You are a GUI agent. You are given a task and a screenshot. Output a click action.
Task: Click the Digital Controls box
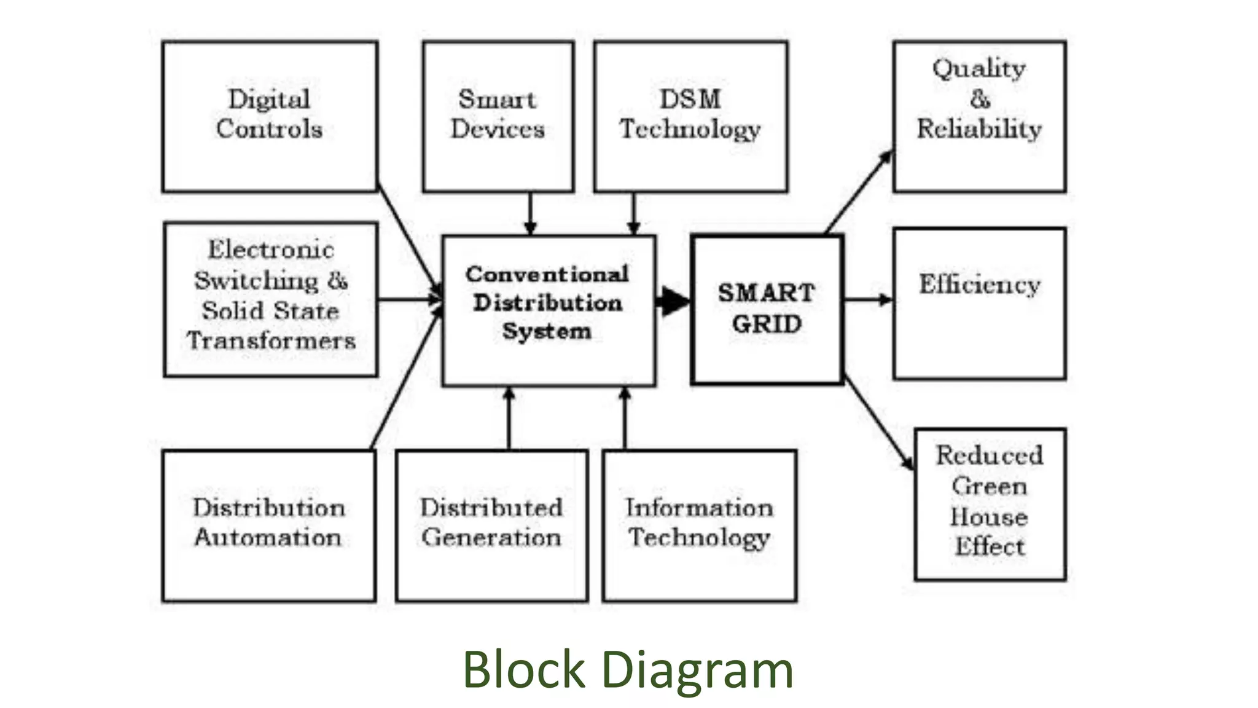coord(270,117)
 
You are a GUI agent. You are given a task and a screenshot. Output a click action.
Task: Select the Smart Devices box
coord(498,117)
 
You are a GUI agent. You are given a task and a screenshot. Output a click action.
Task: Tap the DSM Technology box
coord(690,117)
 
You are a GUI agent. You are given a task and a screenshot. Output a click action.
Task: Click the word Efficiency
coord(979,285)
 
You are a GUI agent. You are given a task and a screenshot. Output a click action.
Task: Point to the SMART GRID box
coord(767,309)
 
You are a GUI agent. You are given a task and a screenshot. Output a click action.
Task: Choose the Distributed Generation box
coord(491,525)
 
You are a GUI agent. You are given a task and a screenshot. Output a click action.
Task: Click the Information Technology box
coord(699,525)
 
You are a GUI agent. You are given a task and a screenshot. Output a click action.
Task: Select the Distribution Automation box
coord(269,525)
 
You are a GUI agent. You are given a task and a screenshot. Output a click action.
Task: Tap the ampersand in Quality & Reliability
coord(980,98)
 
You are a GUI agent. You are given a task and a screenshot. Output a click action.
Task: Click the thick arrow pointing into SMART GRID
coord(673,301)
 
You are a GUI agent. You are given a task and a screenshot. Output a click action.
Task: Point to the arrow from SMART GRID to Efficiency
coord(868,300)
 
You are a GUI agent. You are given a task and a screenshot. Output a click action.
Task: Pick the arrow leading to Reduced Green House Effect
coord(878,424)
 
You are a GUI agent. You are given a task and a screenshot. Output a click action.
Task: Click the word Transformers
coord(271,341)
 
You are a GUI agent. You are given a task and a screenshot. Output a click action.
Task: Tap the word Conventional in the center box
coord(547,275)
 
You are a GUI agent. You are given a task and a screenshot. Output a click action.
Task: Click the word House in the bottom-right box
coord(989,517)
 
